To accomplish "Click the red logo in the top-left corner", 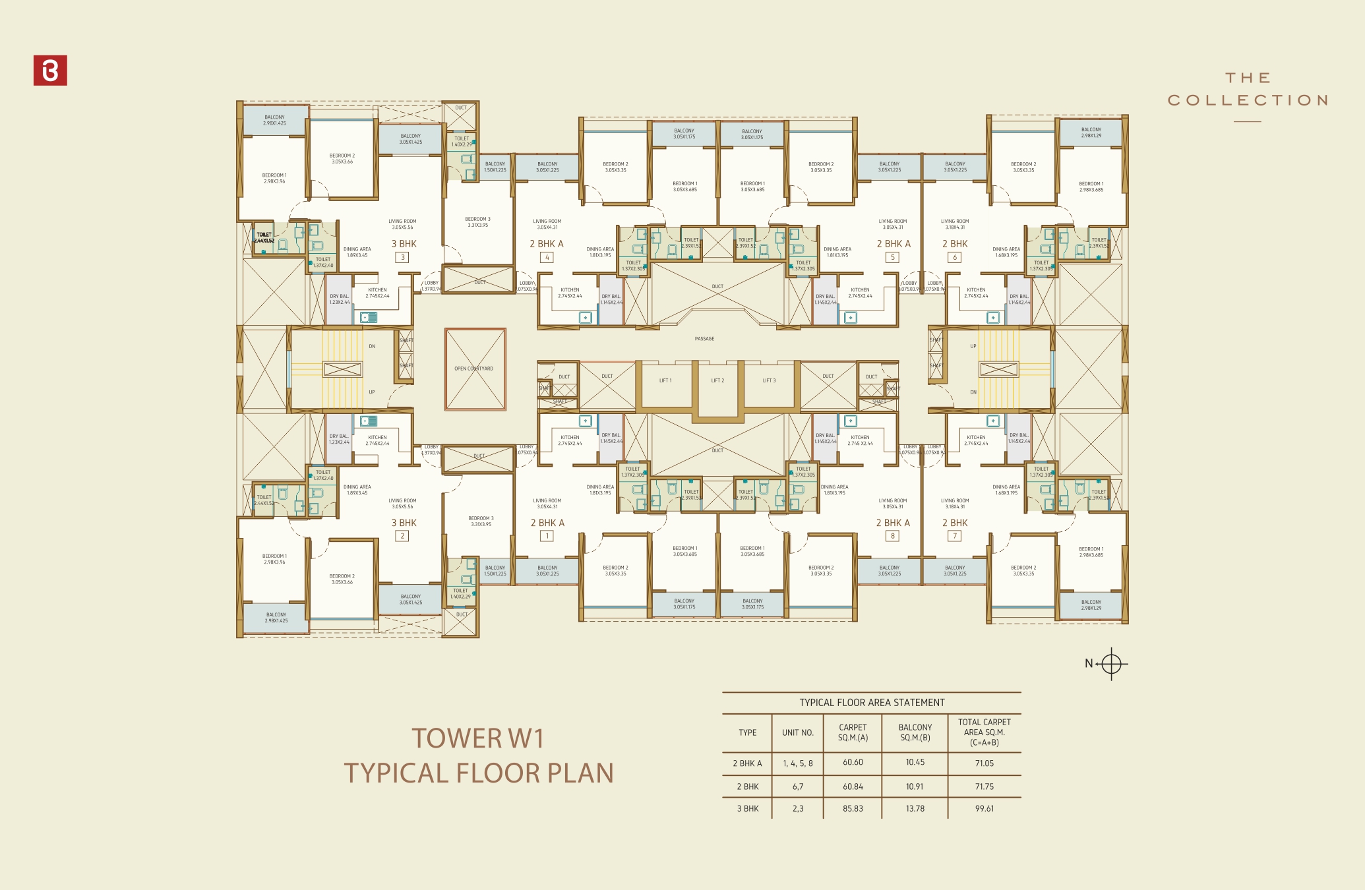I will tap(50, 71).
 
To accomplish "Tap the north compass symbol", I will tap(1110, 664).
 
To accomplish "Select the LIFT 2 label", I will tap(717, 380).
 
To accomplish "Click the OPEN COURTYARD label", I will tap(473, 369).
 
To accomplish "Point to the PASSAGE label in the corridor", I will tap(704, 339).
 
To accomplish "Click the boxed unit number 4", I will tap(547, 257).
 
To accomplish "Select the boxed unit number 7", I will tap(954, 536).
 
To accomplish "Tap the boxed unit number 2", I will tap(402, 536).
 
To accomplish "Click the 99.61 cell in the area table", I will tap(984, 808).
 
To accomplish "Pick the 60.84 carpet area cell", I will tap(853, 786).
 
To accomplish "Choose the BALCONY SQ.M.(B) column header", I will tap(915, 732).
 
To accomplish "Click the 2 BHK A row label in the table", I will tap(747, 763).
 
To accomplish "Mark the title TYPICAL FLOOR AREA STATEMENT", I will tap(872, 703).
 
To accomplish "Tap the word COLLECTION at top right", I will tap(1248, 100).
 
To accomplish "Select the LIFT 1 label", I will tap(665, 380).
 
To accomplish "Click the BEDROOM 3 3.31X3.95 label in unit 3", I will tap(477, 222).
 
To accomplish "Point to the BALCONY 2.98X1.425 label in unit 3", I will tap(274, 120).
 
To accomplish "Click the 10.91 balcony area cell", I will tap(915, 786).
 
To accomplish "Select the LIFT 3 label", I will tap(769, 380).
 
